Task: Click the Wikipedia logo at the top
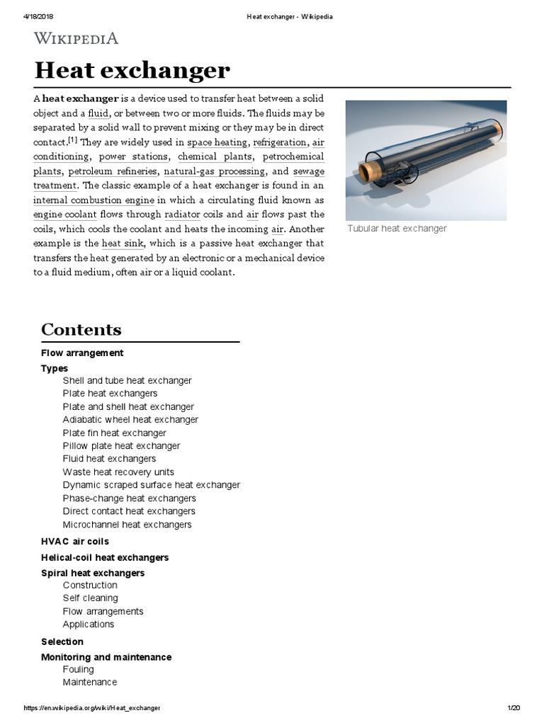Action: point(76,38)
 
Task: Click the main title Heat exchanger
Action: point(132,70)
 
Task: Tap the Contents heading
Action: point(81,329)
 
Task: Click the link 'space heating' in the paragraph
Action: point(217,142)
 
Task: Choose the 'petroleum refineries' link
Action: point(113,171)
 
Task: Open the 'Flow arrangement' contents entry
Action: point(82,353)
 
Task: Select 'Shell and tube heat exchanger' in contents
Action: point(127,380)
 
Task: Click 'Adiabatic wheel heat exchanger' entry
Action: point(130,419)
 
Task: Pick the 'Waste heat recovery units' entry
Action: point(118,472)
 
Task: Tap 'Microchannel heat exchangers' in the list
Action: point(127,525)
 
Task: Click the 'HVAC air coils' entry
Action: point(74,542)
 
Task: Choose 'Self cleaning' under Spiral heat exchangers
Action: point(90,598)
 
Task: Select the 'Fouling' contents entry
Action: point(78,669)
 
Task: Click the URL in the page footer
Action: point(91,708)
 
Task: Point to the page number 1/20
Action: point(514,708)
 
